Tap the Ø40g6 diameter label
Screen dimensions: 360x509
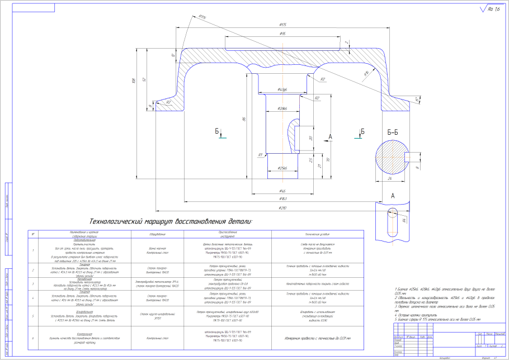(x=282, y=89)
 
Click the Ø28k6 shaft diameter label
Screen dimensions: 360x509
(x=282, y=108)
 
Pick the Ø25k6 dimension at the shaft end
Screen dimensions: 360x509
(x=282, y=168)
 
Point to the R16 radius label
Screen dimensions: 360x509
(x=367, y=73)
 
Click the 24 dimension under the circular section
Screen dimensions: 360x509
(x=389, y=179)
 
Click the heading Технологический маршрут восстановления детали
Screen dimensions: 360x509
(x=171, y=221)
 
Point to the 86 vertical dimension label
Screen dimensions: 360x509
(x=244, y=119)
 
